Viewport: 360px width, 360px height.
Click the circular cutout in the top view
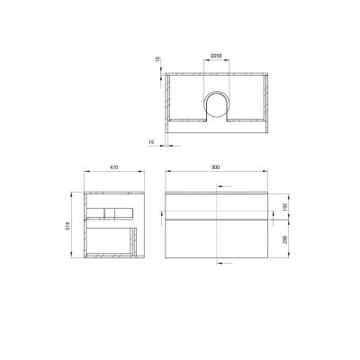coord(217,106)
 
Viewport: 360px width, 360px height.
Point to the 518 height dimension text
coord(74,228)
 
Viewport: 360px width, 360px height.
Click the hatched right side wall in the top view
coord(267,99)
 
